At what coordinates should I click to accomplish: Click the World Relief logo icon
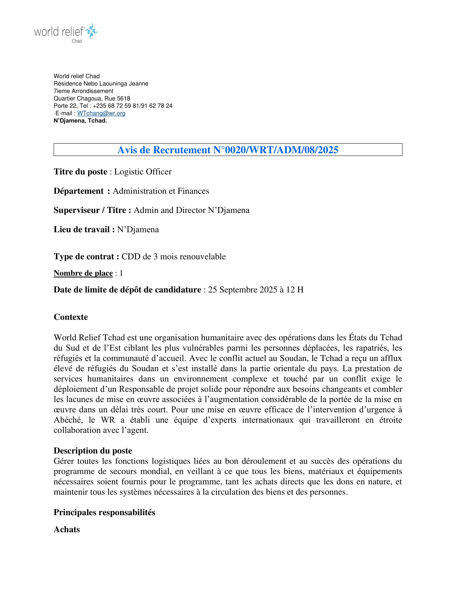point(91,31)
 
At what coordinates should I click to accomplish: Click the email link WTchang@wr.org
point(101,113)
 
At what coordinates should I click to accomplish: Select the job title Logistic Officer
point(143,172)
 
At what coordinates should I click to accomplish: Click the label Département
point(78,191)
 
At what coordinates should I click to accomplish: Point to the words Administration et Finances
point(161,191)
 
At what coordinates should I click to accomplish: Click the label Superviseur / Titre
point(92,210)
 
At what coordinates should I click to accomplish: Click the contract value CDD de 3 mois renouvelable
point(174,256)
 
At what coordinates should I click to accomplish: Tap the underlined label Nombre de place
point(83,273)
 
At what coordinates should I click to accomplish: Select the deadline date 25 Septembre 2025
point(242,290)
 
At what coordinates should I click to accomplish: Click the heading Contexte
point(71,317)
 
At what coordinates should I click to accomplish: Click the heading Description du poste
point(93,451)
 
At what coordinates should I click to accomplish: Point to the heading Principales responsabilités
point(104,512)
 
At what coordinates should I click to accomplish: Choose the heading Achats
point(67,529)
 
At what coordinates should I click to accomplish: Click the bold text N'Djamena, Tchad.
point(80,121)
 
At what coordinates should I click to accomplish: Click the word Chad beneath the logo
point(77,41)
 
